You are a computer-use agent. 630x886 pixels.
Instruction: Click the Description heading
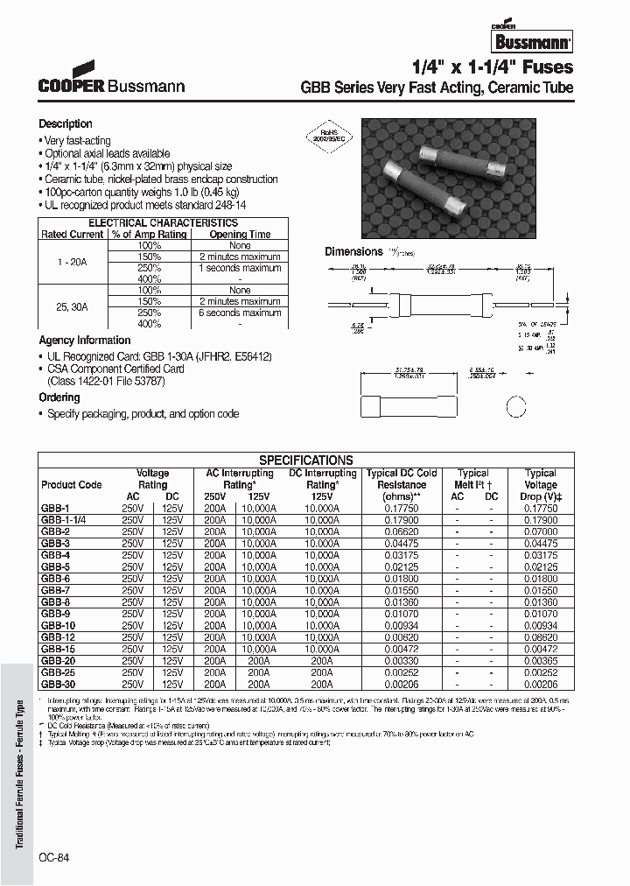(66, 124)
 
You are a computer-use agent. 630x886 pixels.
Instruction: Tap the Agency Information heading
(85, 341)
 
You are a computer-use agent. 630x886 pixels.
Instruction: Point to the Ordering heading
(59, 397)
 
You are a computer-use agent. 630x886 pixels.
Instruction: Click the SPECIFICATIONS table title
(305, 460)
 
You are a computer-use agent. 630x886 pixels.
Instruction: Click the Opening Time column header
(240, 235)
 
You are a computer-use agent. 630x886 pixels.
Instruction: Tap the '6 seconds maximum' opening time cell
(240, 313)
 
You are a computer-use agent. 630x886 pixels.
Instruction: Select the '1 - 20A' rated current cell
(73, 262)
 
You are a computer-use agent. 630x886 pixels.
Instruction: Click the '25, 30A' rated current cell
(73, 306)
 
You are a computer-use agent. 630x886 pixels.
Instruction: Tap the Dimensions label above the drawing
(353, 251)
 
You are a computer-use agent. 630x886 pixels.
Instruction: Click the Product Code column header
(71, 485)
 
